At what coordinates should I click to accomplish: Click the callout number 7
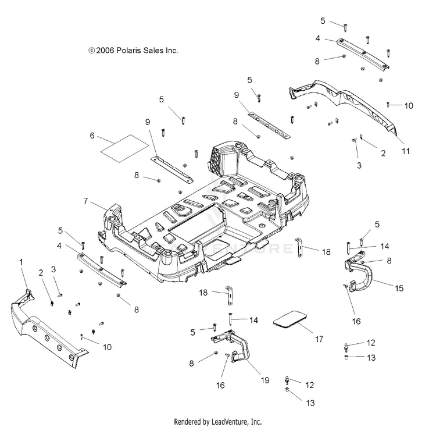[85, 201]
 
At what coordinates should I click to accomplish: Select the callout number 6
[92, 136]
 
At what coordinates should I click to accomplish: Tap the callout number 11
[406, 151]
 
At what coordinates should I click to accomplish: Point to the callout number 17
[319, 339]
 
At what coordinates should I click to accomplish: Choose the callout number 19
[265, 380]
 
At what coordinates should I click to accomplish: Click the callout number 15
[399, 288]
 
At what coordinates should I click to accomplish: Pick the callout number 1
[21, 262]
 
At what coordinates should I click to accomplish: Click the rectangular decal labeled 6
[124, 148]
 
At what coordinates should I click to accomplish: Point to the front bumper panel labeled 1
[47, 331]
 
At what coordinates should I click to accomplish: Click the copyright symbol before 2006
[91, 51]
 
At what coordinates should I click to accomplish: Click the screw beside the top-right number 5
[345, 27]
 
